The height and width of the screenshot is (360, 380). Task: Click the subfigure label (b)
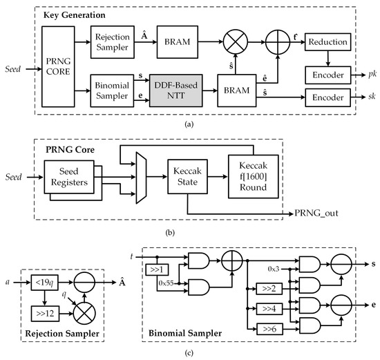(x=189, y=231)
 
